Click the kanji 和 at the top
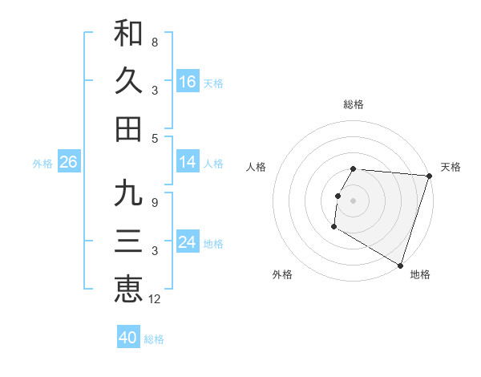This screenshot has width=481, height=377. tap(128, 33)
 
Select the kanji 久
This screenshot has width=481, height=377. tap(128, 80)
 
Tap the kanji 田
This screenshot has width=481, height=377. tap(128, 128)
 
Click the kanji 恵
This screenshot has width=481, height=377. tap(128, 289)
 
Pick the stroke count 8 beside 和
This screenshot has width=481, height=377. tap(154, 42)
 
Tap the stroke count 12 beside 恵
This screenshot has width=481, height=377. tap(156, 299)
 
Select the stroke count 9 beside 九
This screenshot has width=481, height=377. tap(154, 203)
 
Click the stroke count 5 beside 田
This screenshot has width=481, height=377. tap(154, 138)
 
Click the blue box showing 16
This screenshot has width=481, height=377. tap(188, 82)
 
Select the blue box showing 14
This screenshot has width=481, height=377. tap(188, 162)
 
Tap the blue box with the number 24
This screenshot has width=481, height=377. tap(188, 242)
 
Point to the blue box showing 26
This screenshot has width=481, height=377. tap(68, 162)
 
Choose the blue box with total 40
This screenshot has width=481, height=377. tap(128, 338)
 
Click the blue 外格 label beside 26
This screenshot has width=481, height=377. tap(42, 164)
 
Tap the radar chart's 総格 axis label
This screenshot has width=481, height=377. tap(354, 104)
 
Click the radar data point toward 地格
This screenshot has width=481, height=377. tap(399, 265)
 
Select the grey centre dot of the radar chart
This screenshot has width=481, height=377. tap(354, 200)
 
